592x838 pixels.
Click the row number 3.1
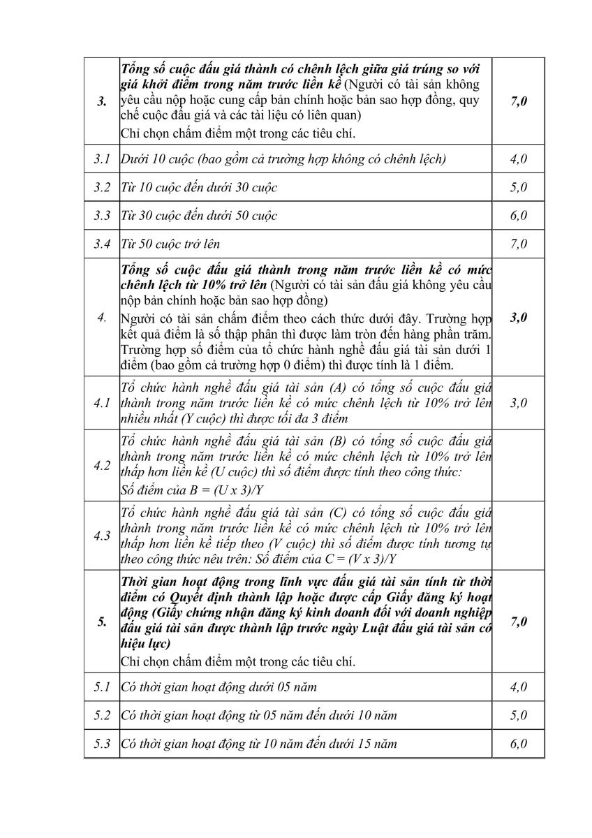[x=102, y=159]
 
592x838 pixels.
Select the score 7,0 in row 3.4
[x=518, y=244]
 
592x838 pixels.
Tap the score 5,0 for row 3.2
[x=518, y=187]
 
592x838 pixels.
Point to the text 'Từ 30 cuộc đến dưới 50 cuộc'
[x=199, y=215]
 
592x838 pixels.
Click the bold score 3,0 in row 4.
[x=518, y=317]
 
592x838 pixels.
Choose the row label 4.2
[x=102, y=466]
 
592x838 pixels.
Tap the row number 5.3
[x=102, y=743]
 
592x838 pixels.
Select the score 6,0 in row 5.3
[x=518, y=743]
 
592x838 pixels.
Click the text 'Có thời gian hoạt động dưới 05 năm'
[x=219, y=686]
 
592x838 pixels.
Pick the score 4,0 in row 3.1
[x=518, y=159]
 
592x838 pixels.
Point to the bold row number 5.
[x=102, y=622]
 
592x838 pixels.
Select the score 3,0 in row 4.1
[x=518, y=403]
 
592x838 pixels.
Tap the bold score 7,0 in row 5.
[x=518, y=622]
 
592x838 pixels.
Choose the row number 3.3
[x=102, y=215]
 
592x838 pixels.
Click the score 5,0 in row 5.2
[x=518, y=715]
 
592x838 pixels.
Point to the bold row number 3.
[x=102, y=102]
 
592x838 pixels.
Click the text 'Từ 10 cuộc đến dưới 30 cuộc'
[x=199, y=187]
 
